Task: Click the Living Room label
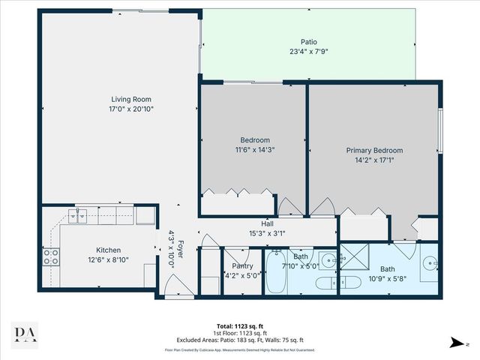[132, 98]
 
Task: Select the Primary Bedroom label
[373, 150]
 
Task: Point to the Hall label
[266, 223]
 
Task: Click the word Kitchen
[108, 250]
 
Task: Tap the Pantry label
[241, 265]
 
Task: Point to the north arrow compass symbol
[454, 342]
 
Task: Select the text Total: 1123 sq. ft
[240, 326]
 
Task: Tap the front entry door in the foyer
[172, 284]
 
